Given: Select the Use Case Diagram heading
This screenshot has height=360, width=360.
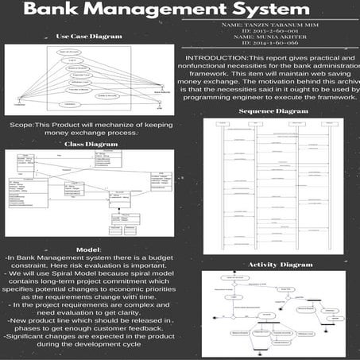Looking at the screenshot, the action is coord(89,37).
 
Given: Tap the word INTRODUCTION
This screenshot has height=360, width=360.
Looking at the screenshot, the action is coord(216,60).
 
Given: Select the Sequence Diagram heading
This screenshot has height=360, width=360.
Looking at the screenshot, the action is coord(273,111).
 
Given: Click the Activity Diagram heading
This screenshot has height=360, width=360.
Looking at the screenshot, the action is coord(280,264).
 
